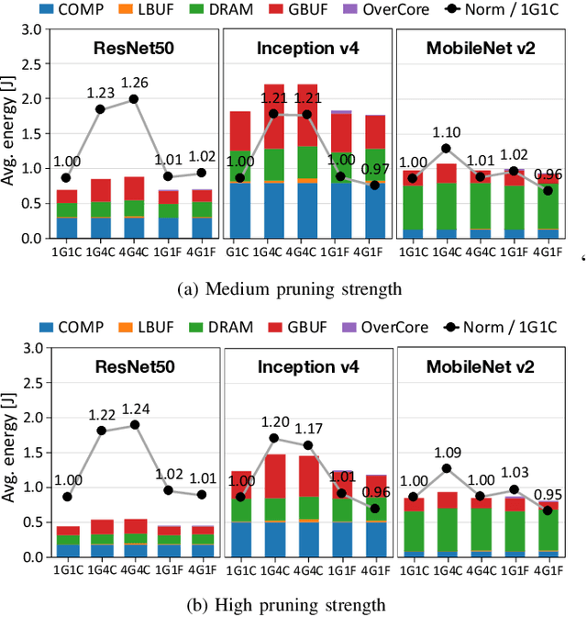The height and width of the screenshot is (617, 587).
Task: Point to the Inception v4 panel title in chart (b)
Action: [x=305, y=366]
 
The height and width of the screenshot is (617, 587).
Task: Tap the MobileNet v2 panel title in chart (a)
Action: [x=481, y=48]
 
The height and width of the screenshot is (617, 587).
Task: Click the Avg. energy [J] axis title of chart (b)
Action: [x=10, y=453]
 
